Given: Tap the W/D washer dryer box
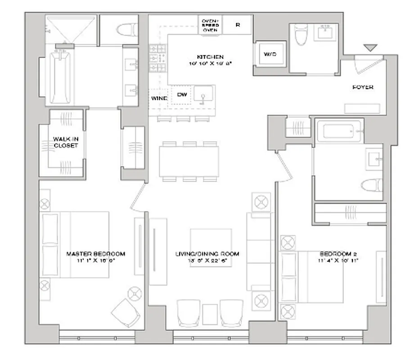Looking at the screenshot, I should point(270,54).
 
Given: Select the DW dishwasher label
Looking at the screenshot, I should point(182,94).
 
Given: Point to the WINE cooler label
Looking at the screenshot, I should point(159,98).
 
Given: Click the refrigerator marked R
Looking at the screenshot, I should point(238,25).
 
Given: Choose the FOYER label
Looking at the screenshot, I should point(362,87).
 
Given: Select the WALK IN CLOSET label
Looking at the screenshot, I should point(66,142).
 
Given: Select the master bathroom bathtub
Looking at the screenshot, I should point(59,76).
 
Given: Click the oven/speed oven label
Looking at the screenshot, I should point(210,25).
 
